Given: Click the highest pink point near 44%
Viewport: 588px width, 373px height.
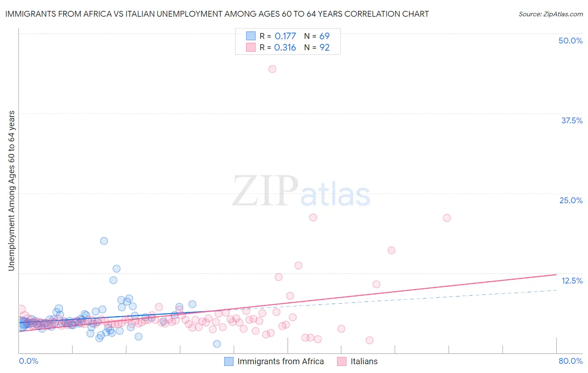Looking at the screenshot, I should click(x=272, y=69).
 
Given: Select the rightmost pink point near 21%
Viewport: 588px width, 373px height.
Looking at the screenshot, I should click(x=447, y=218).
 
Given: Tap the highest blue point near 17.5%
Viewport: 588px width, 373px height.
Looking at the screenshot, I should click(x=104, y=241).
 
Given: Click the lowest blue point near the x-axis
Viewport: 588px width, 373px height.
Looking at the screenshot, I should click(x=217, y=344).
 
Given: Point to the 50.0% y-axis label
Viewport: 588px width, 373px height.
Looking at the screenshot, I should click(x=570, y=41).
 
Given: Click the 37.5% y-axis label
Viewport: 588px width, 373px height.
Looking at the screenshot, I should click(x=572, y=120).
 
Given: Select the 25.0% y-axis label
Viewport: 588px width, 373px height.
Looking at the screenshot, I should click(x=571, y=200).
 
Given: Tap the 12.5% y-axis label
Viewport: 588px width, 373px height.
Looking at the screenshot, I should click(x=572, y=281).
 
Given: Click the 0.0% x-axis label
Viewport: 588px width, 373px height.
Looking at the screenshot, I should click(x=28, y=361).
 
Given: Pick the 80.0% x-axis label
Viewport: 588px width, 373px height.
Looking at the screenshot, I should click(x=570, y=361).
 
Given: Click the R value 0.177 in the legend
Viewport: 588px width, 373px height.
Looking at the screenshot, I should click(x=285, y=36).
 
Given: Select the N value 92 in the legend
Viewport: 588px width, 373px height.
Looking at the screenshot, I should click(x=325, y=47).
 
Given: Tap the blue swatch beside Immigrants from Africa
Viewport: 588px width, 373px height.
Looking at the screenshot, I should click(x=229, y=361).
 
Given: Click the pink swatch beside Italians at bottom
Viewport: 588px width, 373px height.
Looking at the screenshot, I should click(x=342, y=361).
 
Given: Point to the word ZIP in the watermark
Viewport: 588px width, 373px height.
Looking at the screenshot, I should click(x=265, y=191).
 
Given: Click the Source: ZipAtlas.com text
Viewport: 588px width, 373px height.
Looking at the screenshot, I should click(x=550, y=14).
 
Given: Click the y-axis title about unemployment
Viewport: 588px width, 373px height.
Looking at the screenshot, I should click(x=12, y=191).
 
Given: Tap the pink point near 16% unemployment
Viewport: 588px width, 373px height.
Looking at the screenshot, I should click(x=391, y=250).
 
